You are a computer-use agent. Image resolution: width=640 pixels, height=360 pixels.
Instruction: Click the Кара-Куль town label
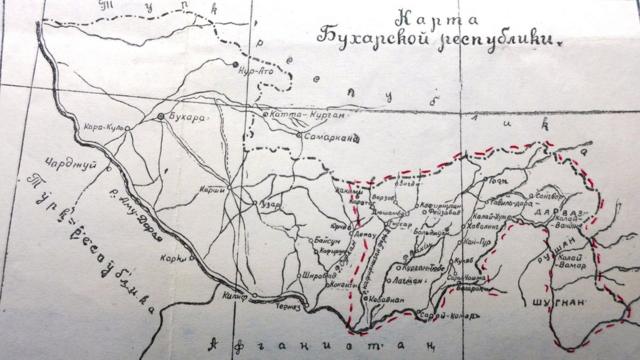tap(103, 126)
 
